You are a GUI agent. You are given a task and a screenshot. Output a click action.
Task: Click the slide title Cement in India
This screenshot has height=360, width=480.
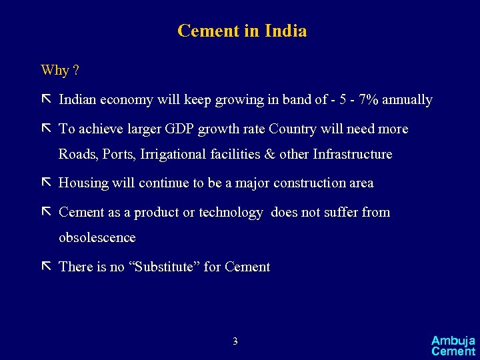(242, 31)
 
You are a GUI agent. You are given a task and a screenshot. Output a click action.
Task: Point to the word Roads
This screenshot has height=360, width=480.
(77, 154)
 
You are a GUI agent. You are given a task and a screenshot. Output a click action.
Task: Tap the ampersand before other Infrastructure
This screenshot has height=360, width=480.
(270, 154)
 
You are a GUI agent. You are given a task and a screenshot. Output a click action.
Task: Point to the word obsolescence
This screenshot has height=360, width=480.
(97, 237)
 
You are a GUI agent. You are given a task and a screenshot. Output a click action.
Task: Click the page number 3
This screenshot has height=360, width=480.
(235, 341)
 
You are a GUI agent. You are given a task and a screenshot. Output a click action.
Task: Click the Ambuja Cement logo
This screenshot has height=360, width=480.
(453, 345)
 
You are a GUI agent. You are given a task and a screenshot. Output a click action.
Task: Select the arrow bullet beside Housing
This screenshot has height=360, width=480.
(46, 183)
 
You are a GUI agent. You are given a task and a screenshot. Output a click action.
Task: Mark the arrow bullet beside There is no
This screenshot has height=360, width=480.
(46, 267)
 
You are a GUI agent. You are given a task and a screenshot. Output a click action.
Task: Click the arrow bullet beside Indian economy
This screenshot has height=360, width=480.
(46, 100)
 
